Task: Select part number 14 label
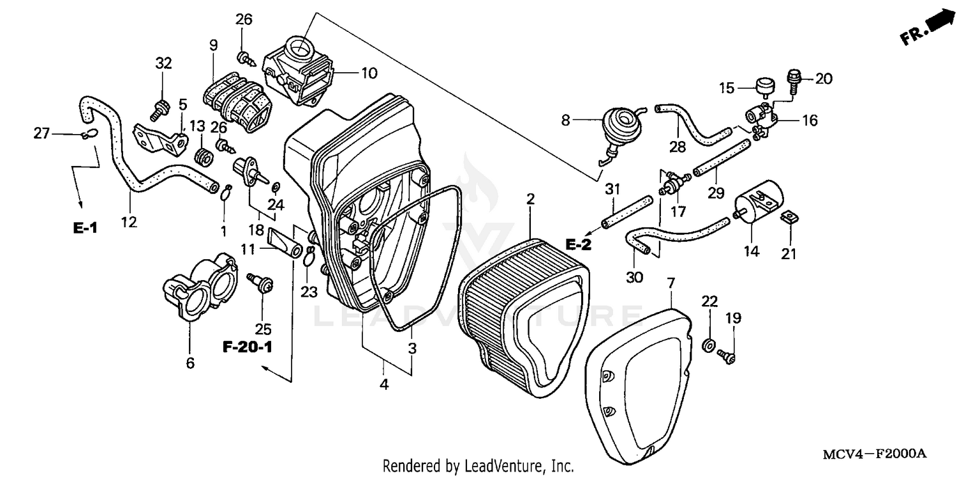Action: (751, 251)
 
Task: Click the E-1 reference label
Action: (84, 228)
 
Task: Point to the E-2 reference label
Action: (579, 243)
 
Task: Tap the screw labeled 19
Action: (727, 355)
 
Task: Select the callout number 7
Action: (671, 283)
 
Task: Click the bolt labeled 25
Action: (263, 283)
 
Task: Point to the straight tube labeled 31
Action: (627, 212)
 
